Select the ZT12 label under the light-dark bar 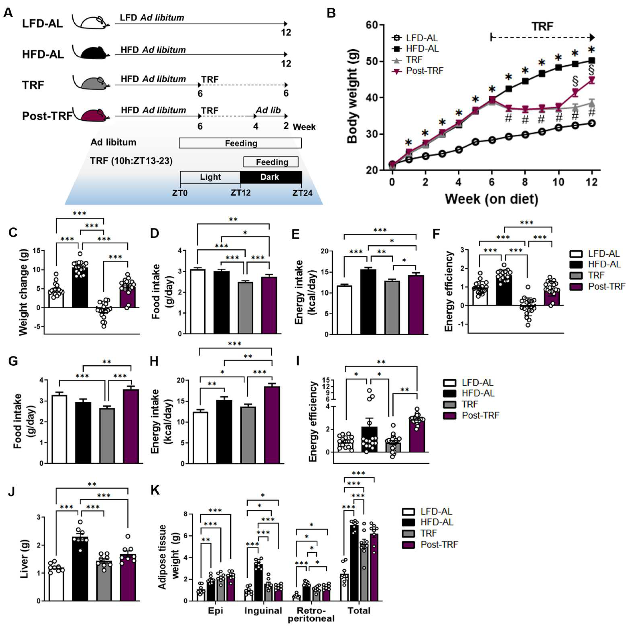tap(241, 193)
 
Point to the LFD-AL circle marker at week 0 tap(392, 164)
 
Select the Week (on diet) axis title tap(491, 199)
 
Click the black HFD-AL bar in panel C tap(80, 287)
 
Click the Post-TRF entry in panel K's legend tap(439, 545)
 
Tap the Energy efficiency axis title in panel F tap(449, 291)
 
